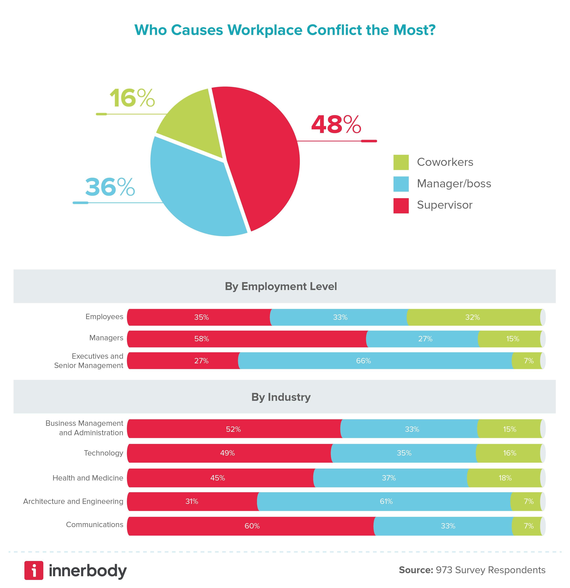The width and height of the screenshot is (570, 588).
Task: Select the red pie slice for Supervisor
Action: point(258,156)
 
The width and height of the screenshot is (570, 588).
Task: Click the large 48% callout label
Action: point(336,125)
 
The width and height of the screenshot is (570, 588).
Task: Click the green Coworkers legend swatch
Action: point(401,162)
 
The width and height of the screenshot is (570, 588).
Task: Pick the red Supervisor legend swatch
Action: point(401,206)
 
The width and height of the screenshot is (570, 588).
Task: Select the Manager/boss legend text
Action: point(454,184)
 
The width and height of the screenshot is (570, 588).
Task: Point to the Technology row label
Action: point(103,453)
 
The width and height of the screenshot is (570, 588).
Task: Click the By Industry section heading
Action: point(281,397)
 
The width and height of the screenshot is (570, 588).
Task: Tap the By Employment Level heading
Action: point(281,286)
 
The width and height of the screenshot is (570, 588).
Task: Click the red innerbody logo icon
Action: point(34,570)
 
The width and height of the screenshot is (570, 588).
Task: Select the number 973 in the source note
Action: point(444,570)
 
